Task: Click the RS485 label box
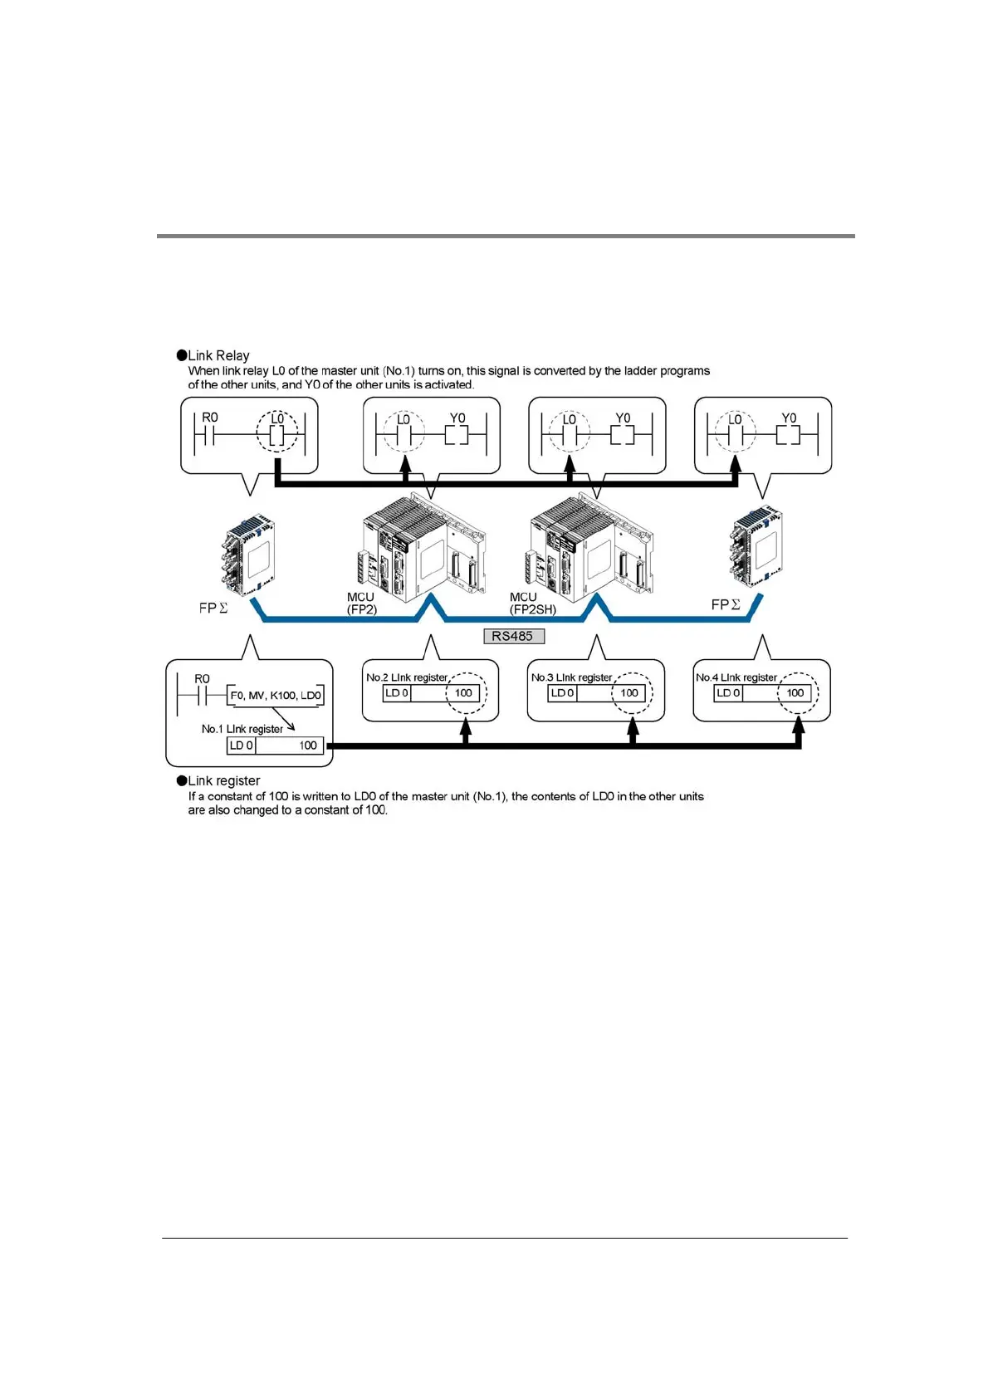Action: (x=513, y=636)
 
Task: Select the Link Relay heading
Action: (x=218, y=355)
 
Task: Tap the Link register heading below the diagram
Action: (x=223, y=780)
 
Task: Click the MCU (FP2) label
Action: (x=361, y=604)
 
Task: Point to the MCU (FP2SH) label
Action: (x=532, y=604)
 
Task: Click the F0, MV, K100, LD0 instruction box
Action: (x=275, y=696)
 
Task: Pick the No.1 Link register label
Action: (x=242, y=729)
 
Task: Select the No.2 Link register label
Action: (x=407, y=677)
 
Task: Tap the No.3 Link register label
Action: (x=571, y=677)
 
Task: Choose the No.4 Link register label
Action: (x=736, y=677)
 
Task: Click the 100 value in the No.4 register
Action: (x=795, y=693)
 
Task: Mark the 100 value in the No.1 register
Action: (x=308, y=745)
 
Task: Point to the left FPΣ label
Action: (x=213, y=608)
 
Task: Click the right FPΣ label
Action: (x=725, y=605)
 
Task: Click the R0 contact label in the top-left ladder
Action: (x=210, y=417)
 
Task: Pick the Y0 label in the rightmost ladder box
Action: (x=789, y=418)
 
